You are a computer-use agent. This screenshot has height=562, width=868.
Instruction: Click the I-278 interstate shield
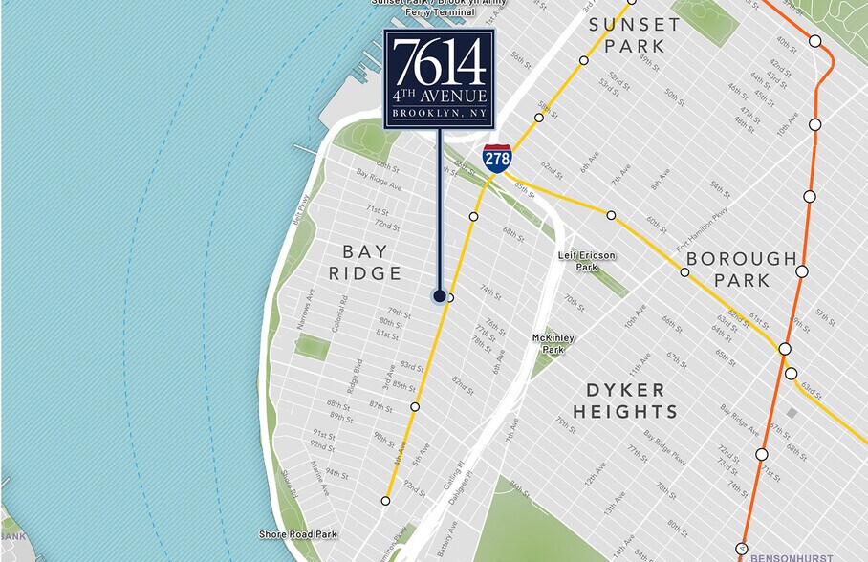497,158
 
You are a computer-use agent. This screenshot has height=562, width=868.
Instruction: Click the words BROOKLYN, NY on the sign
440,113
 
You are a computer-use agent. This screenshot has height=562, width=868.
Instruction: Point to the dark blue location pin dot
439,295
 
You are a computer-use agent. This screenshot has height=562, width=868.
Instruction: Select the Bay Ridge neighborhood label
364,262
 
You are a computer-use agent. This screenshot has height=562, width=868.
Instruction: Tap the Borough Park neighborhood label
741,269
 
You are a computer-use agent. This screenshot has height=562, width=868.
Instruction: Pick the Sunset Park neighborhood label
634,35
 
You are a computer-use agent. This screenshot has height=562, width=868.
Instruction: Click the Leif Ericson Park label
587,261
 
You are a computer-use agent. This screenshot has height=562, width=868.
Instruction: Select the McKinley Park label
553,343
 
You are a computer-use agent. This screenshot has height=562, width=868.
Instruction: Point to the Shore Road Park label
298,534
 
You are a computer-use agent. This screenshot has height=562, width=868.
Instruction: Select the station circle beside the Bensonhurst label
741,549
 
